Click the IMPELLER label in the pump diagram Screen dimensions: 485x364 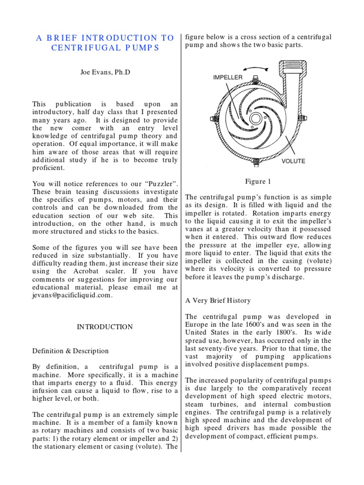click(x=228, y=77)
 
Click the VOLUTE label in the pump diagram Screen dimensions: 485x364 click(x=293, y=161)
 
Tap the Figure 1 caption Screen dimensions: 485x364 click(x=258, y=181)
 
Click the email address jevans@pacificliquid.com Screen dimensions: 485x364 click(x=73, y=295)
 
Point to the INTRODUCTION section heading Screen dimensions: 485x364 click(x=105, y=327)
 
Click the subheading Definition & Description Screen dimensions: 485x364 click(x=70, y=351)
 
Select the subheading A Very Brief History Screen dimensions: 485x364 click(x=218, y=300)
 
